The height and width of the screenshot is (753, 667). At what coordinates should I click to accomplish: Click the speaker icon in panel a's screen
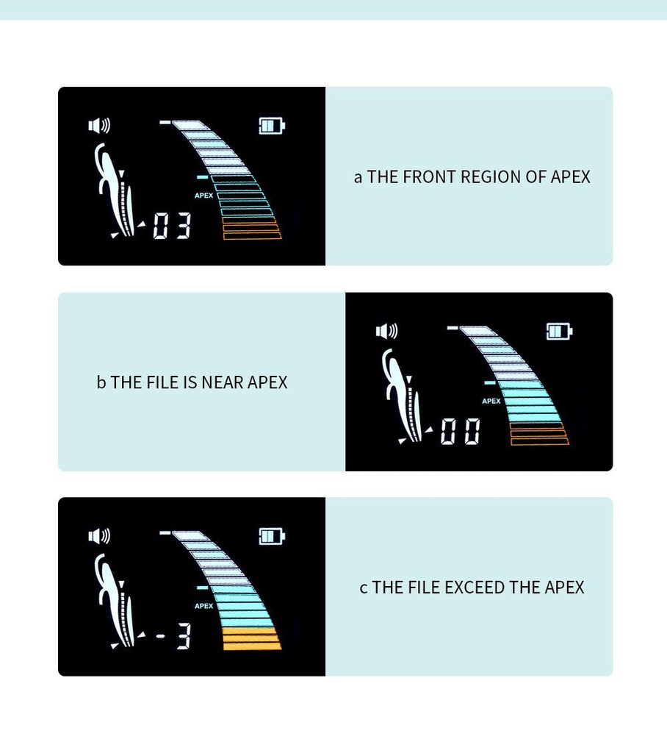(99, 126)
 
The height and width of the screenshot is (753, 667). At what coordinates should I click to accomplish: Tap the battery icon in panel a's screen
(272, 126)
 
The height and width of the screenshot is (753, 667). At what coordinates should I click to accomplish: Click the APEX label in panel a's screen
(204, 196)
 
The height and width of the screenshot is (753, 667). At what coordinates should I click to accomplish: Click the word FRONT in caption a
(429, 176)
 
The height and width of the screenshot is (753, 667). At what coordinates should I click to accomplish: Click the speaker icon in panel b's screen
(387, 331)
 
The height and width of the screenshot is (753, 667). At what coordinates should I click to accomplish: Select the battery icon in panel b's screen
(560, 332)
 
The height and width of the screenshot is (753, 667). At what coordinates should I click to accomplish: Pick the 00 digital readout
(460, 431)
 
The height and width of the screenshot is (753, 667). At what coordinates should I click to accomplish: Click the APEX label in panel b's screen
(491, 401)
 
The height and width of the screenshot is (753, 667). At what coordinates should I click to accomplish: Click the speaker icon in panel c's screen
(99, 536)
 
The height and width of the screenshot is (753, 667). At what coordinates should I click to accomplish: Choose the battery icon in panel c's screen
(272, 536)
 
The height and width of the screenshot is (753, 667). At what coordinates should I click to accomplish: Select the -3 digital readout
(173, 637)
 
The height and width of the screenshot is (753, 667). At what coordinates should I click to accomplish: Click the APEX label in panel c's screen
(204, 606)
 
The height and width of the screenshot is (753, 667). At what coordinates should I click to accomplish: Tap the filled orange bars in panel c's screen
(251, 639)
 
